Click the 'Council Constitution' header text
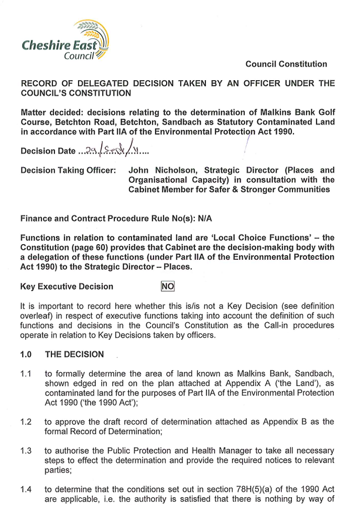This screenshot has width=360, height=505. point(286,64)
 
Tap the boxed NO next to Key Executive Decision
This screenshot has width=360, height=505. point(168,286)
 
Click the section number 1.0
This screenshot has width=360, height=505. point(26,354)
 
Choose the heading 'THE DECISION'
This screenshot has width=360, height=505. point(74,354)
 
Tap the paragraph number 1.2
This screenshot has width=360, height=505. point(26,422)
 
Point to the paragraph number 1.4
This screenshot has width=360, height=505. point(26,490)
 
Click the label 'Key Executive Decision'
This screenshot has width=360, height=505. point(67,287)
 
